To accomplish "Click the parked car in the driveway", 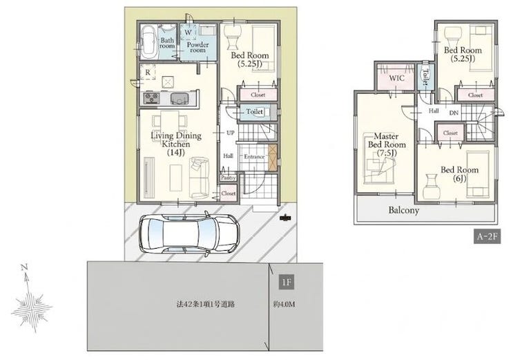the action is click(189, 234).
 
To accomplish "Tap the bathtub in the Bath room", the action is click(149, 41).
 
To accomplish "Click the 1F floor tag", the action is click(287, 282).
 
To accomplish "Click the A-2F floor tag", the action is click(487, 237).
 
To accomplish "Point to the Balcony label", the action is click(403, 210).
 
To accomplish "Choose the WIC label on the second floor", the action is click(396, 78).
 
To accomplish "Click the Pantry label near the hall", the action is click(228, 178).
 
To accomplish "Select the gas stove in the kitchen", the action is click(152, 98).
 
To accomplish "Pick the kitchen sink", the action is click(179, 99).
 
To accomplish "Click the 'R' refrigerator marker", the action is click(148, 73).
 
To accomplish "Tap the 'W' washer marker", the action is click(188, 32).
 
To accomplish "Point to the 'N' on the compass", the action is click(23, 267).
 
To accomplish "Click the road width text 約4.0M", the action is click(284, 305).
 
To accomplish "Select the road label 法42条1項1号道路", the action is click(205, 305).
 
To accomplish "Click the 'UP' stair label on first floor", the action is click(231, 133).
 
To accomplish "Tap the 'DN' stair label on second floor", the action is click(454, 113).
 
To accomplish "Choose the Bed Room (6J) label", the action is click(459, 174).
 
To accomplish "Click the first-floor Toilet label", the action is click(255, 111).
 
